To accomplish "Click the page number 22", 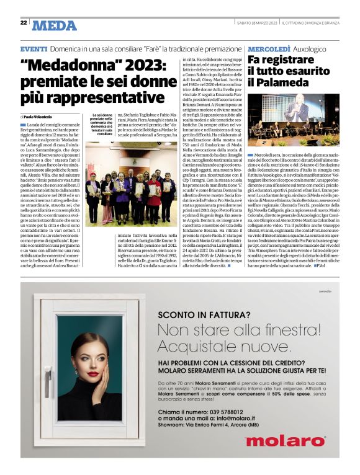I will click(x=24, y=23).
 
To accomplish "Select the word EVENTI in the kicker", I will click(x=34, y=48).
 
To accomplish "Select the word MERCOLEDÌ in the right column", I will click(x=269, y=48).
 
